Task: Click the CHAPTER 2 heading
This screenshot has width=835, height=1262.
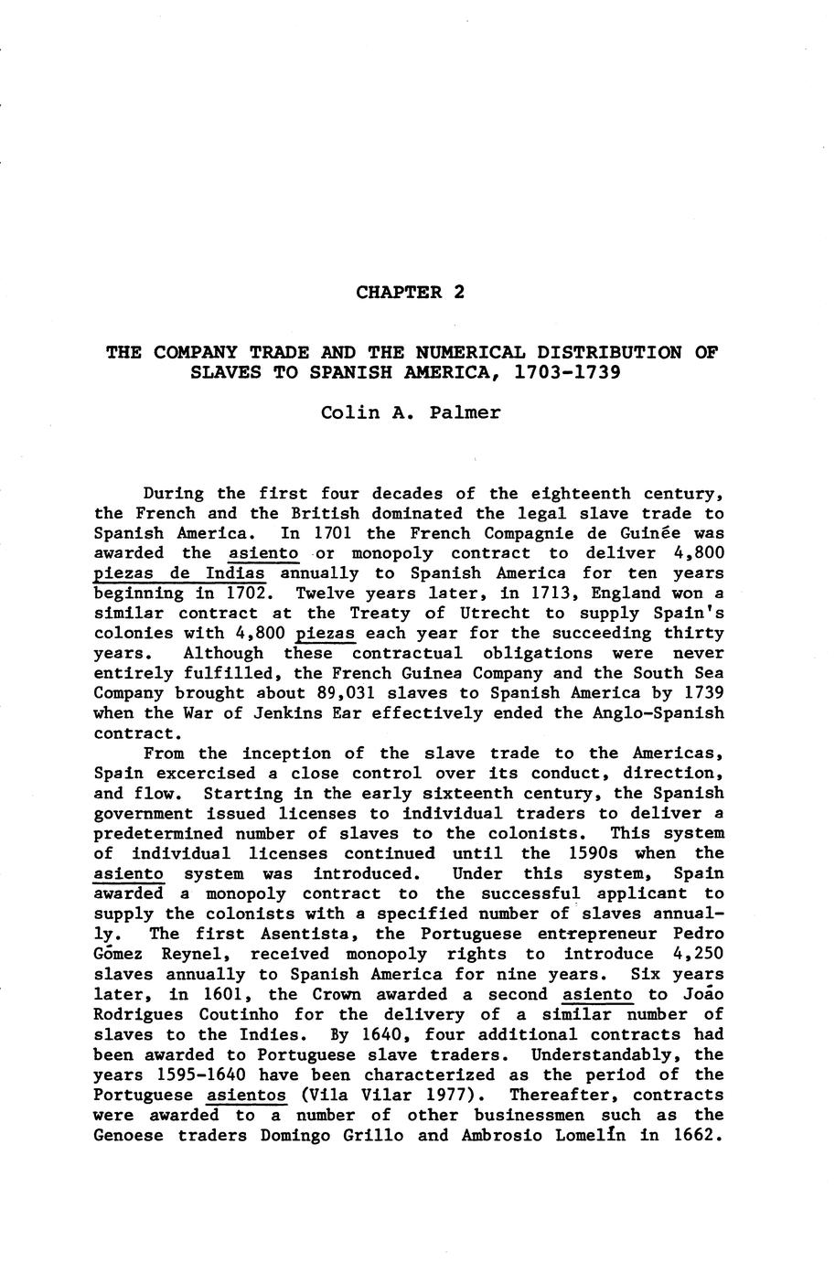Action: tap(411, 293)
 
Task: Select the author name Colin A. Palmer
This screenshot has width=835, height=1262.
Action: tap(411, 412)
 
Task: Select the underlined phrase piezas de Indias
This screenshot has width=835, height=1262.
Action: tap(179, 573)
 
